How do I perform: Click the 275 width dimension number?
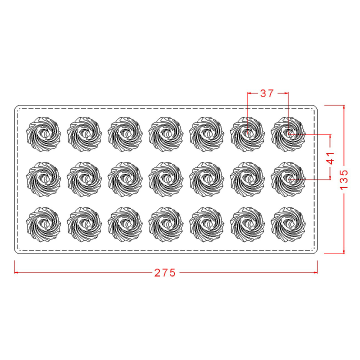(x=164, y=272)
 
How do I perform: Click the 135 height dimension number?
(x=343, y=179)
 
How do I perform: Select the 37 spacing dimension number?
(x=267, y=93)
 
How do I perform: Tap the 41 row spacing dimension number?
(x=330, y=158)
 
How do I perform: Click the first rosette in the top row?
(x=43, y=134)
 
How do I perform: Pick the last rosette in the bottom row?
(x=288, y=224)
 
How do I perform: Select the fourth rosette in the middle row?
(x=166, y=179)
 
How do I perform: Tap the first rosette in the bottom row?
(x=43, y=224)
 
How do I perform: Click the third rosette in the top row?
(x=125, y=134)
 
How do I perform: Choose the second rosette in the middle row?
(x=84, y=179)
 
